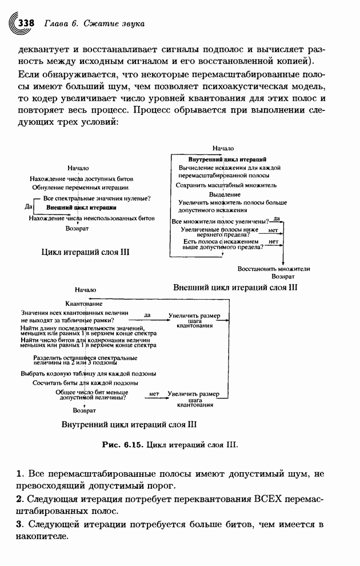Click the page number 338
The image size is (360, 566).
pos(27,23)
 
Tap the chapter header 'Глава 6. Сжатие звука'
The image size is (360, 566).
pos(92,24)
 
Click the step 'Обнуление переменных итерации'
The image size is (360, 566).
pos(80,188)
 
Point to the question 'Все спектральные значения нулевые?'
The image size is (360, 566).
pos(97,198)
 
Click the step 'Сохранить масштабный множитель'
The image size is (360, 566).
pos(226,185)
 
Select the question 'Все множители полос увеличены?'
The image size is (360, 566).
pos(221,221)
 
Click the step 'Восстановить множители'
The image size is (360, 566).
pos(274,268)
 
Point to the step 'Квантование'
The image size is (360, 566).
pos(84,304)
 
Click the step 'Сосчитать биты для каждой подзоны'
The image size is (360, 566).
pos(85,382)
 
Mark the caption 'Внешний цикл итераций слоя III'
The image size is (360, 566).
pos(235,288)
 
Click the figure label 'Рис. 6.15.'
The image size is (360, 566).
pos(123,444)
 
